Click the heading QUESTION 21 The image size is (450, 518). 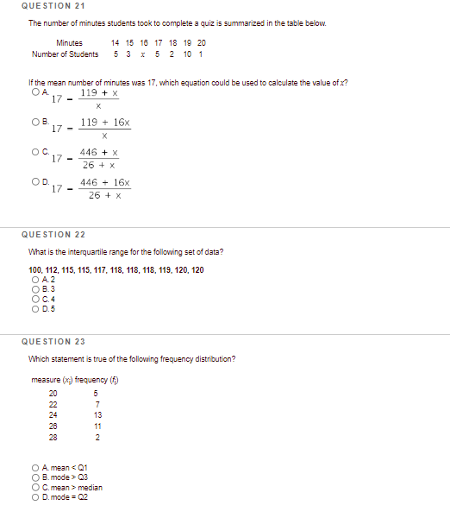pos(50,7)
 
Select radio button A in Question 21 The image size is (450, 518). pos(33,92)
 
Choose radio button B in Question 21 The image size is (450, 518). pos(33,123)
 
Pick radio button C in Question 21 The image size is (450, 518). pos(33,153)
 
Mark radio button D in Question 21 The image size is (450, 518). pos(33,182)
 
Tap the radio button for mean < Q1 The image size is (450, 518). pos(33,470)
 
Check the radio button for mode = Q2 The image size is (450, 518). pos(33,496)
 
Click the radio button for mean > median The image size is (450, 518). pos(33,488)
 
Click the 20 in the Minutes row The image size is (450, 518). pos(202,42)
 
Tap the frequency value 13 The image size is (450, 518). pos(98,415)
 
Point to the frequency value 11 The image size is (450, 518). pos(98,426)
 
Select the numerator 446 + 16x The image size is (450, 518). pos(104,183)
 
